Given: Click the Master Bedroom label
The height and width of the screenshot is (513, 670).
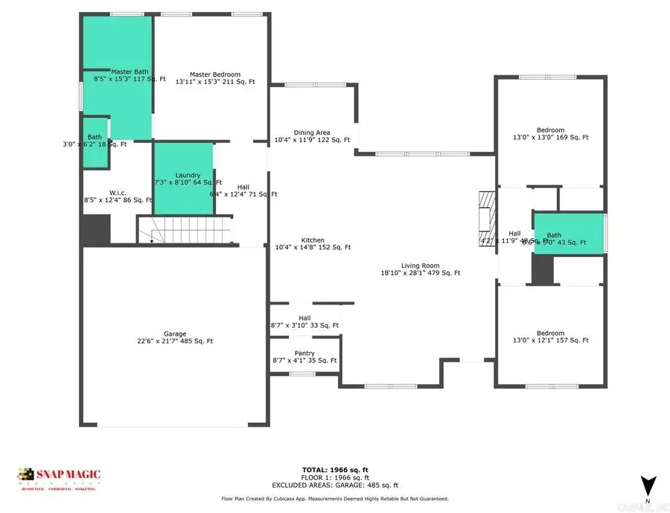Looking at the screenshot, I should (x=214, y=74).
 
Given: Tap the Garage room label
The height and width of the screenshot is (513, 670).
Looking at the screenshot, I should (x=175, y=334).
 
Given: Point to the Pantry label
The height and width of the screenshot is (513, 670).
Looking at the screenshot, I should (x=304, y=353).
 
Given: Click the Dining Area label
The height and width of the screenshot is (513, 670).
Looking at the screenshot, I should (x=313, y=133).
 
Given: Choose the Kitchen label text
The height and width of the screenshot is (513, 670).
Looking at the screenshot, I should (x=313, y=240).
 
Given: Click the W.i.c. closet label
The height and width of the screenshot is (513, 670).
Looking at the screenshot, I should (x=118, y=191).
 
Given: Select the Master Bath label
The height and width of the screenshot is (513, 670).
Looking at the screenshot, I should (x=130, y=71).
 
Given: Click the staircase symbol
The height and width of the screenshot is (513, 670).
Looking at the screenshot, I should (x=185, y=229).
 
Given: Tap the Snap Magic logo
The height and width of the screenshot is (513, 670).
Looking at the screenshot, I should (x=60, y=477).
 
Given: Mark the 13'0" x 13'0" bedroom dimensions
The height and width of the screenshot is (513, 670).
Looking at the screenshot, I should (x=550, y=137).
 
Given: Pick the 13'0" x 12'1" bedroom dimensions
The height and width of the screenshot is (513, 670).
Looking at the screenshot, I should (x=550, y=340).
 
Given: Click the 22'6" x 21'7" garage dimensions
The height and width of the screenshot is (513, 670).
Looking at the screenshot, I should (x=175, y=342).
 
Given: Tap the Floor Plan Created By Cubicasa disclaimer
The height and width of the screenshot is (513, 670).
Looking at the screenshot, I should (x=335, y=499).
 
